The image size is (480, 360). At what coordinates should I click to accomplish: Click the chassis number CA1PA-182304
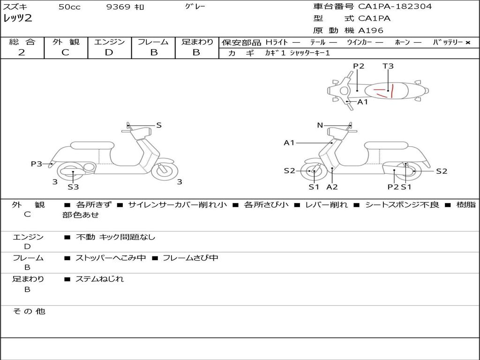coord(395,7)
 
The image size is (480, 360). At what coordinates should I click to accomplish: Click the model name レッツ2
coord(18,19)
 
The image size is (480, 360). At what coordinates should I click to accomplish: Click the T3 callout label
coord(388,66)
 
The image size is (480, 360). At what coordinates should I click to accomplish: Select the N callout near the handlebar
coord(320,125)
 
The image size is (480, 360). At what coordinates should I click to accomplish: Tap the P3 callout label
coord(36,164)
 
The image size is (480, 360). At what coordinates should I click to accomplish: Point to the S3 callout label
coord(73,187)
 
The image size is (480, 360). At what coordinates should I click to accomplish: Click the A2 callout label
coord(332,187)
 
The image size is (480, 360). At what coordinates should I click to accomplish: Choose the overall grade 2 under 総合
coord(22,52)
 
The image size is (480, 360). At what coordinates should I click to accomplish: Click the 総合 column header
coord(22,42)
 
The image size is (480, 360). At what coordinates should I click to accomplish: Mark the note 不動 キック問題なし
coord(115,237)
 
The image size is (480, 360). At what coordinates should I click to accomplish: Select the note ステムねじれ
coord(100,279)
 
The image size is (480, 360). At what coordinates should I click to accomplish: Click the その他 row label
coord(29,311)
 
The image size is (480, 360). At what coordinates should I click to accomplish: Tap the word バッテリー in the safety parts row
coord(447,42)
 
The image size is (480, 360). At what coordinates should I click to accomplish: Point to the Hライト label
coord(277,42)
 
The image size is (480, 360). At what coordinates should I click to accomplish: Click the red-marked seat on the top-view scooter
coord(389,90)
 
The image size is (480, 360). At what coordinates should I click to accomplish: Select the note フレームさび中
coord(190,258)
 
